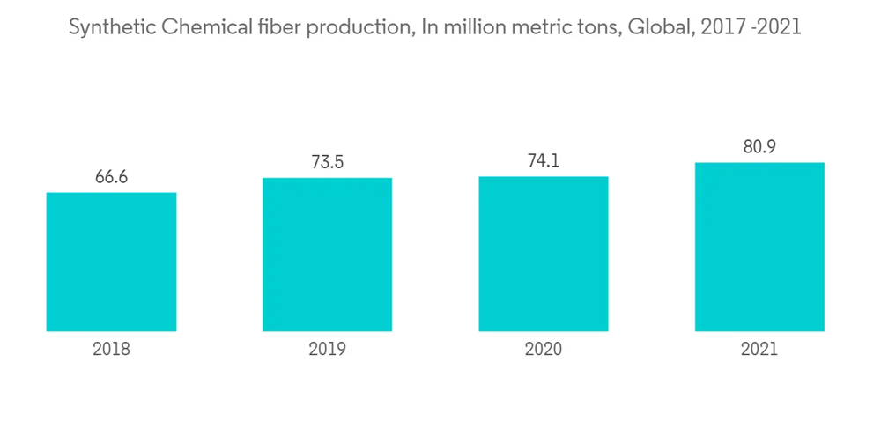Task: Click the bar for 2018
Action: tap(111, 262)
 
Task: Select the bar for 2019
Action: tap(327, 255)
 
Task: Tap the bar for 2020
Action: tap(544, 254)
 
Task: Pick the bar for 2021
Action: tap(759, 247)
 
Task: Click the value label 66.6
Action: tap(111, 176)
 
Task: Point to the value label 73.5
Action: tap(327, 162)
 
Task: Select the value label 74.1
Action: tap(544, 160)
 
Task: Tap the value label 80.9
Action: tap(759, 146)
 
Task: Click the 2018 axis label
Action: tap(111, 349)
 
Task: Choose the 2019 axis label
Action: tap(327, 349)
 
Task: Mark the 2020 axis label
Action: tap(544, 349)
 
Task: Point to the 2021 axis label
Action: tap(759, 349)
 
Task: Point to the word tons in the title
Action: tap(600, 27)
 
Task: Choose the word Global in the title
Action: tap(659, 27)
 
